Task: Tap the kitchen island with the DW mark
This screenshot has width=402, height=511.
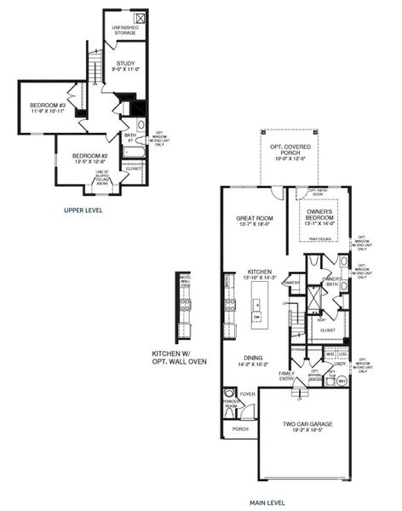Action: [x=257, y=307]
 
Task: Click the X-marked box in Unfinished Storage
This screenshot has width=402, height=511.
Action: [x=139, y=18]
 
